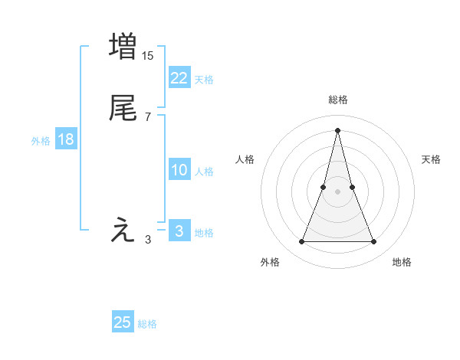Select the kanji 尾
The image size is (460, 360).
click(x=123, y=108)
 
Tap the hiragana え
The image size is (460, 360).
click(x=123, y=230)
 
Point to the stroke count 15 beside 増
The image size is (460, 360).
click(x=147, y=55)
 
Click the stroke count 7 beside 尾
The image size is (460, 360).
click(x=147, y=116)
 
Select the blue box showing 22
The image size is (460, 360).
click(x=179, y=78)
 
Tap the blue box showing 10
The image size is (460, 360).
click(x=179, y=170)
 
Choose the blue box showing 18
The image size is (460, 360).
click(x=65, y=139)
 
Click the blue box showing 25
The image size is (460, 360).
click(x=123, y=322)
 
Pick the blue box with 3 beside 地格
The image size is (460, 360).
click(x=179, y=231)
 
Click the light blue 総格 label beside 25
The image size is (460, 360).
click(x=147, y=324)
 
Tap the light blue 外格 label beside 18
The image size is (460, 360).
click(x=41, y=140)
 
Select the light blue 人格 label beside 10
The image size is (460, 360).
click(x=205, y=172)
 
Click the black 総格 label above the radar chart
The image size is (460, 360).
click(x=338, y=100)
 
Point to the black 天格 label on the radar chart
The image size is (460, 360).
click(x=432, y=159)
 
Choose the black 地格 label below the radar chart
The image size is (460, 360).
click(x=402, y=262)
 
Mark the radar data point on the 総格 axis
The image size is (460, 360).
click(x=337, y=130)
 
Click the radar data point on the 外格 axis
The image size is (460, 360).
click(x=301, y=242)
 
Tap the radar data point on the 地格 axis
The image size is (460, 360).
click(x=373, y=242)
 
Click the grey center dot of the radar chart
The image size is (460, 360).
click(x=337, y=191)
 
